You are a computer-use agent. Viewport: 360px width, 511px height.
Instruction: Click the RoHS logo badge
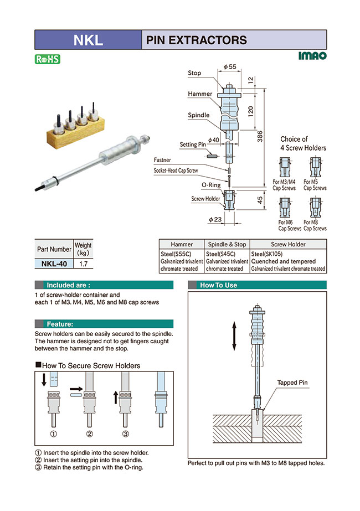click(47, 59)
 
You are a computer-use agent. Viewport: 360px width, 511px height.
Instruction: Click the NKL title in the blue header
click(88, 40)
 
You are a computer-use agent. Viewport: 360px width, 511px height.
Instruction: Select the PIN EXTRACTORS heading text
click(196, 40)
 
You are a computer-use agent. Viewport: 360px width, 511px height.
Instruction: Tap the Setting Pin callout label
click(193, 144)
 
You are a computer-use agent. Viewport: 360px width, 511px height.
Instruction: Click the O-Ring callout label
click(210, 184)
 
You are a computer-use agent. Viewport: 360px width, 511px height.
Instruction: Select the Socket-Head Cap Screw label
click(176, 171)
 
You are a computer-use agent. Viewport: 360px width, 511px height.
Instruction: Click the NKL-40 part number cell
click(54, 264)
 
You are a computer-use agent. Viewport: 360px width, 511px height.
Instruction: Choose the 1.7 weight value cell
click(84, 264)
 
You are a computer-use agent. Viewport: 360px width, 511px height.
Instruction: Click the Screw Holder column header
click(288, 244)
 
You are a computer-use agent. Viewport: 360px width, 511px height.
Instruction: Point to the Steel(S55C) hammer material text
click(176, 254)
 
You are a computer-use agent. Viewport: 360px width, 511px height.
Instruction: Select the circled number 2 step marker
click(89, 433)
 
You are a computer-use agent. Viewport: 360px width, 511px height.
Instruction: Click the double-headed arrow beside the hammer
click(234, 337)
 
